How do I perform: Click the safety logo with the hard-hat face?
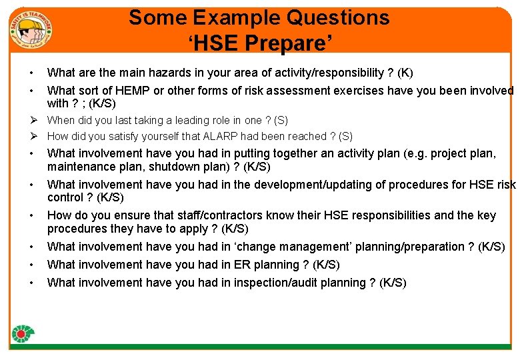(31, 29)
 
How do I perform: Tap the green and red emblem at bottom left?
(23, 333)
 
